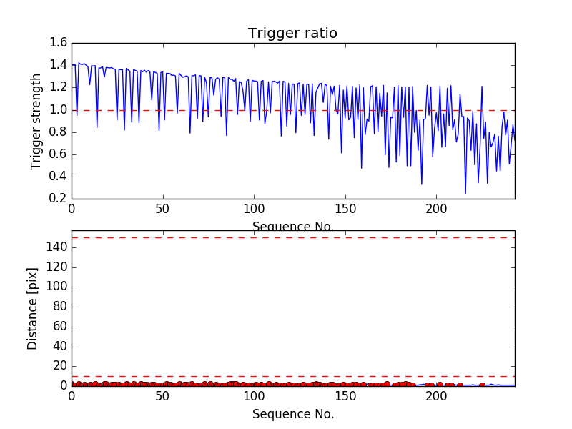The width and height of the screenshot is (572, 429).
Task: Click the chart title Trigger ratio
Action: [292, 34]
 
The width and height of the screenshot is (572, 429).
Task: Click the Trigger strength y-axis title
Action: [36, 121]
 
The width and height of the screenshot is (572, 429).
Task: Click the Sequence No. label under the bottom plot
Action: [292, 414]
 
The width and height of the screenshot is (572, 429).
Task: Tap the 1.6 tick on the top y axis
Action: [59, 44]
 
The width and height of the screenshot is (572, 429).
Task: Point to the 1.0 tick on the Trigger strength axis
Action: [59, 110]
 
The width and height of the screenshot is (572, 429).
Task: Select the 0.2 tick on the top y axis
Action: [59, 199]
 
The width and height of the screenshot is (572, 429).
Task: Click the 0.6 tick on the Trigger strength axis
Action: [59, 154]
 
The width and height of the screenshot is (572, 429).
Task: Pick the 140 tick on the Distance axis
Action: [56, 247]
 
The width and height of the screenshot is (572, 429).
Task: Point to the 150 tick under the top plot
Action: [345, 209]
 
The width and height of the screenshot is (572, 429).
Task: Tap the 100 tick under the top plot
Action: [254, 209]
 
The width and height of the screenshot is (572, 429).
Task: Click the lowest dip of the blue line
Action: [465, 194]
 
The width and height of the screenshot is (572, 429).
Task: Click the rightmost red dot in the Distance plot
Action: [482, 385]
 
